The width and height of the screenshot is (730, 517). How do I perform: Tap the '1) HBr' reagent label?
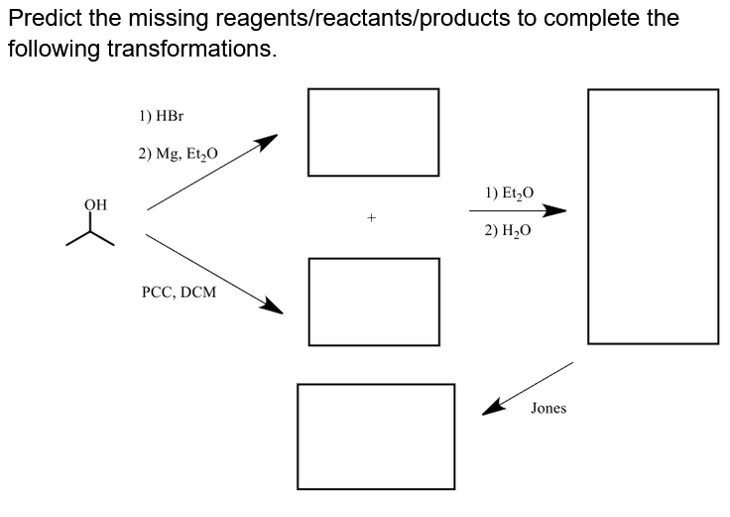click(x=162, y=115)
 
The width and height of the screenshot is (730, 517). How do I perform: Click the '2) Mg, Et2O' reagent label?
click(x=179, y=154)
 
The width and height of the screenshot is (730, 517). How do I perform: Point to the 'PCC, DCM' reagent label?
click(x=179, y=294)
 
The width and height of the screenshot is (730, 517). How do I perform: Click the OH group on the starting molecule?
click(x=95, y=204)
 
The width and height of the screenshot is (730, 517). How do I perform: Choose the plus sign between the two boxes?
click(x=372, y=215)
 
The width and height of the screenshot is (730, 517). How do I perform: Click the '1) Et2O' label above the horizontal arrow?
click(x=509, y=193)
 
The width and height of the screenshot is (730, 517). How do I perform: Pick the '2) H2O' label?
click(x=509, y=230)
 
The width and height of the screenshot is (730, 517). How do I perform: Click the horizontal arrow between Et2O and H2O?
click(x=517, y=210)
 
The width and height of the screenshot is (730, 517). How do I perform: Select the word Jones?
click(x=548, y=409)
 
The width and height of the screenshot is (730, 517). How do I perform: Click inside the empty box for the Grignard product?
click(x=373, y=132)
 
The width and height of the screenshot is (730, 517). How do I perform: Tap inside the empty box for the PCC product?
click(x=373, y=302)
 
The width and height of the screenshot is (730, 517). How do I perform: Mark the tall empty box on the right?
click(x=653, y=216)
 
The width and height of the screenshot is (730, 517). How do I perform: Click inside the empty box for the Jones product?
click(x=376, y=437)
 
